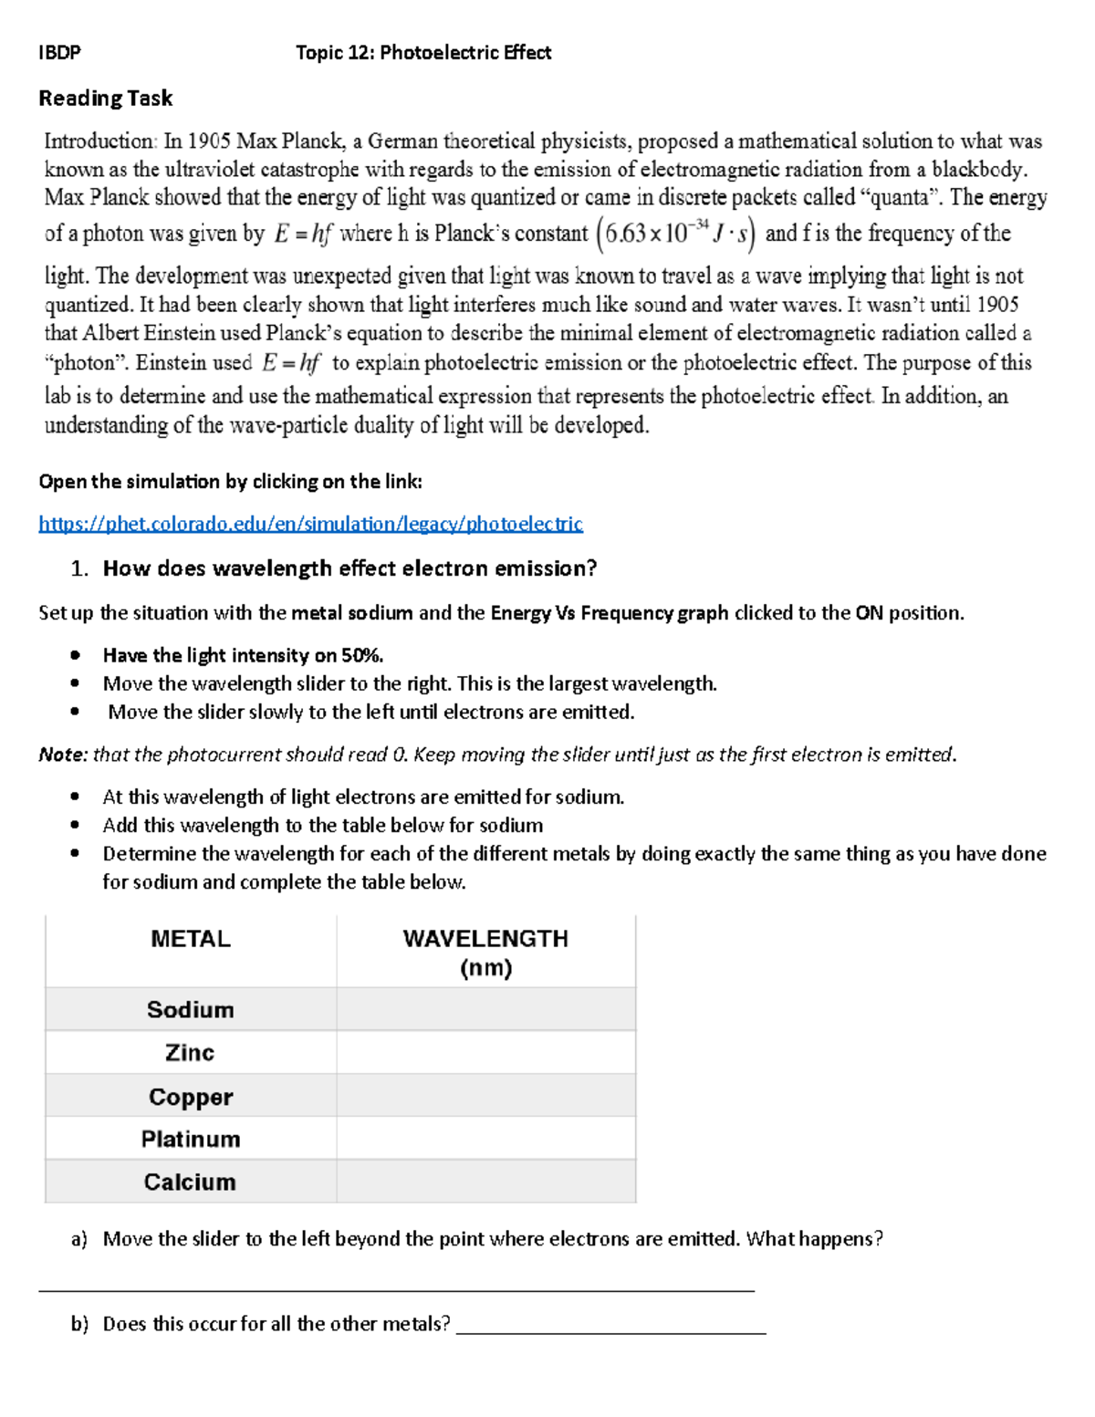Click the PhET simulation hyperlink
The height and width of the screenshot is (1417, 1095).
310,524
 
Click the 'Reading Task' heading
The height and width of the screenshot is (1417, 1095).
105,99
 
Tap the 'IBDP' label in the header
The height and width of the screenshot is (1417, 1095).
59,53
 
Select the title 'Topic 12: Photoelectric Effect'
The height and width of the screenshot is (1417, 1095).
423,53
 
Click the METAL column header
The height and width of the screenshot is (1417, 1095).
190,939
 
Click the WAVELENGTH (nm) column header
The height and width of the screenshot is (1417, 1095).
485,952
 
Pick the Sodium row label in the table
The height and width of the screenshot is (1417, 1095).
190,1009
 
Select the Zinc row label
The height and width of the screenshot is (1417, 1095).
190,1052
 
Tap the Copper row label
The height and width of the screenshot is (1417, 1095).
190,1096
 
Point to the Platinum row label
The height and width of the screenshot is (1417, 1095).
190,1139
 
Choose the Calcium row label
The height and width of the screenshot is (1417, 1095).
190,1182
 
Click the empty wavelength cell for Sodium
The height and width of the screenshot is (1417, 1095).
485,1009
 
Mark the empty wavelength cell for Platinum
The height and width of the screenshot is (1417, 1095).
485,1139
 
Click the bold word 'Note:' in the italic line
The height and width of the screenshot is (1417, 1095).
63,755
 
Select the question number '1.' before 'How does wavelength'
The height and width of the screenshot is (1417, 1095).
79,568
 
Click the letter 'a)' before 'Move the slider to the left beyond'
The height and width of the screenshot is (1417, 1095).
79,1239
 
